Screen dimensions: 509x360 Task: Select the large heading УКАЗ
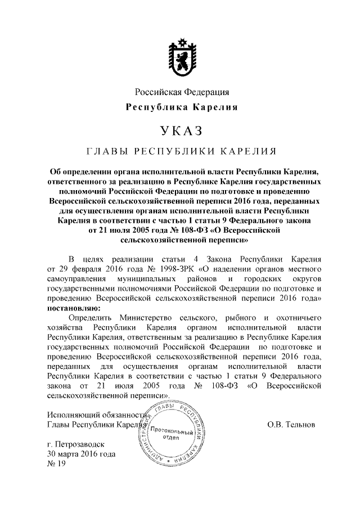180,132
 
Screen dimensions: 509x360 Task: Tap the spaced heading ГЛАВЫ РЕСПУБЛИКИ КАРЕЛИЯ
180,151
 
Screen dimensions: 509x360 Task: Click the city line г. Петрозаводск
75,444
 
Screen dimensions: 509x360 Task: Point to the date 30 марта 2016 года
82,454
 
